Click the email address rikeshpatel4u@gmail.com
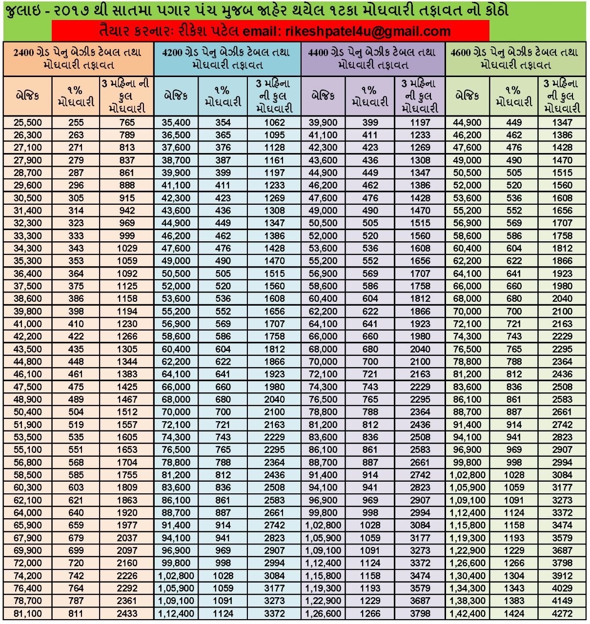click(367, 32)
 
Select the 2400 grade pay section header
click(78, 58)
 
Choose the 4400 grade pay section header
click(373, 58)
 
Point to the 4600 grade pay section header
click(515, 58)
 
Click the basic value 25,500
click(28, 122)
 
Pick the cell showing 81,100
click(28, 613)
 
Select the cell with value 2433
click(127, 613)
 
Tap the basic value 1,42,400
click(468, 613)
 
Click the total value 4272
click(562, 613)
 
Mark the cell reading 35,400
click(176, 122)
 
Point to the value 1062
click(274, 122)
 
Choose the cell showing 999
click(127, 236)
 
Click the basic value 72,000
click(28, 563)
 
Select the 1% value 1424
click(514, 613)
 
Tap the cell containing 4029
click(562, 588)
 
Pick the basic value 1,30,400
click(468, 576)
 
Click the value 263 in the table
click(76, 135)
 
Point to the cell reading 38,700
click(176, 160)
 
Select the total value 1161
click(274, 160)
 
